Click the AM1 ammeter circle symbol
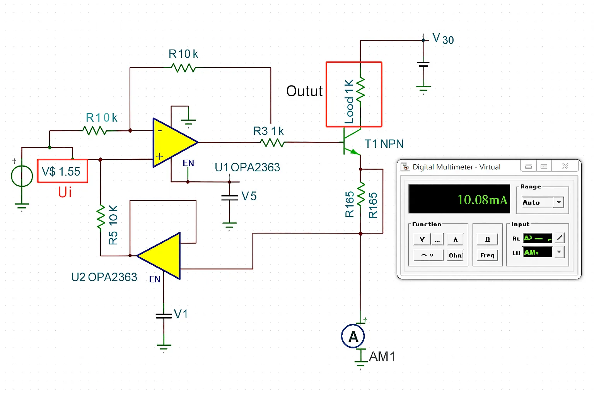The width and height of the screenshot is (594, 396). coord(353,336)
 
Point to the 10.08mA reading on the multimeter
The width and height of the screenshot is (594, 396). coord(482,200)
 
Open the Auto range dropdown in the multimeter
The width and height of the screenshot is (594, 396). coord(558,202)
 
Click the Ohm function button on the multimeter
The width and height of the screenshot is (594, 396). coord(455,255)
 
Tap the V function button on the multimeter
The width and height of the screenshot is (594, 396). coord(422,239)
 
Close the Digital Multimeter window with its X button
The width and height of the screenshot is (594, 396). coord(565,166)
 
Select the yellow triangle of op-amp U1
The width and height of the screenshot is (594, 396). coord(172,142)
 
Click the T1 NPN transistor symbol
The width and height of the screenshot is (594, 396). coord(350,142)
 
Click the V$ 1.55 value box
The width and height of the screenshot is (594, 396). coord(62,171)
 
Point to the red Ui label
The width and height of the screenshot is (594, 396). coord(65,192)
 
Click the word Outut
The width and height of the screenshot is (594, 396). coord(304,91)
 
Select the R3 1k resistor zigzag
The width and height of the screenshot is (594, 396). coord(273,143)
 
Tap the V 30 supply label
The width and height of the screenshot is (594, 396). coord(443,39)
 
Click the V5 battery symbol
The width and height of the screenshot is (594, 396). coord(229,197)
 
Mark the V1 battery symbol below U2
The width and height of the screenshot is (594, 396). coord(164,316)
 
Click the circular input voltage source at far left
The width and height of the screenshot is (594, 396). coord(22,176)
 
